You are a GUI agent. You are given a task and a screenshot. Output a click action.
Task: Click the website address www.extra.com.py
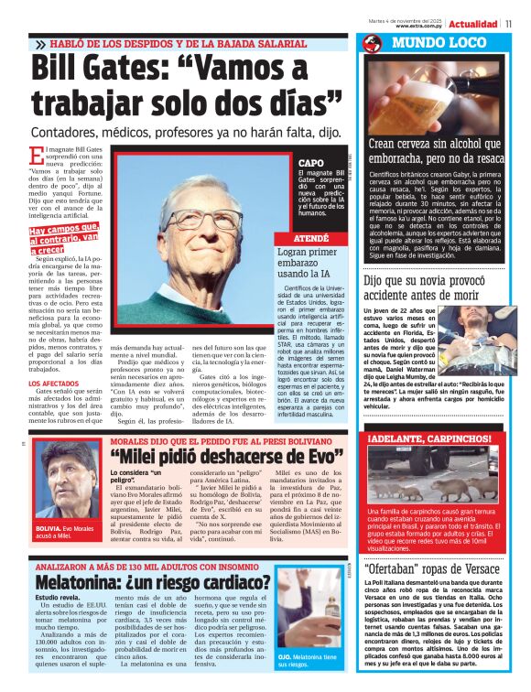pos(420,27)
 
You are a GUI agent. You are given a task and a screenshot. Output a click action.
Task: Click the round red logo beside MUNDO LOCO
pos(372,44)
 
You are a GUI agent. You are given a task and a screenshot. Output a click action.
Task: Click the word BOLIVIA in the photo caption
pos(49,529)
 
